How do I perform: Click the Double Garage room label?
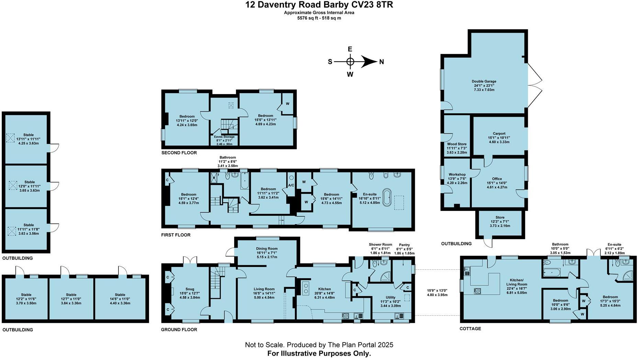484,81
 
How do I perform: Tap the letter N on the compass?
381,62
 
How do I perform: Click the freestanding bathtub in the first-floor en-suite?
387,197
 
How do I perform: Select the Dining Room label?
266,249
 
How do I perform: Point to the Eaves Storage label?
224,137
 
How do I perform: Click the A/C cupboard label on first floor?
291,185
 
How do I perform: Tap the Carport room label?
499,134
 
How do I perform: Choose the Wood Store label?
457,144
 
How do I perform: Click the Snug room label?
190,289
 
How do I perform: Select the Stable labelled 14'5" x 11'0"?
120,295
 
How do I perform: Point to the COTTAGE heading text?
470,329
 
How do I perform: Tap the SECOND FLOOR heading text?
179,153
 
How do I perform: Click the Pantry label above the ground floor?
404,245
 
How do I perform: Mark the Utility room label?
390,297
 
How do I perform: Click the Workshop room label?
457,175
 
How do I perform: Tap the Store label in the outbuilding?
500,217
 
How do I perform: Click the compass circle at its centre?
350,62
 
